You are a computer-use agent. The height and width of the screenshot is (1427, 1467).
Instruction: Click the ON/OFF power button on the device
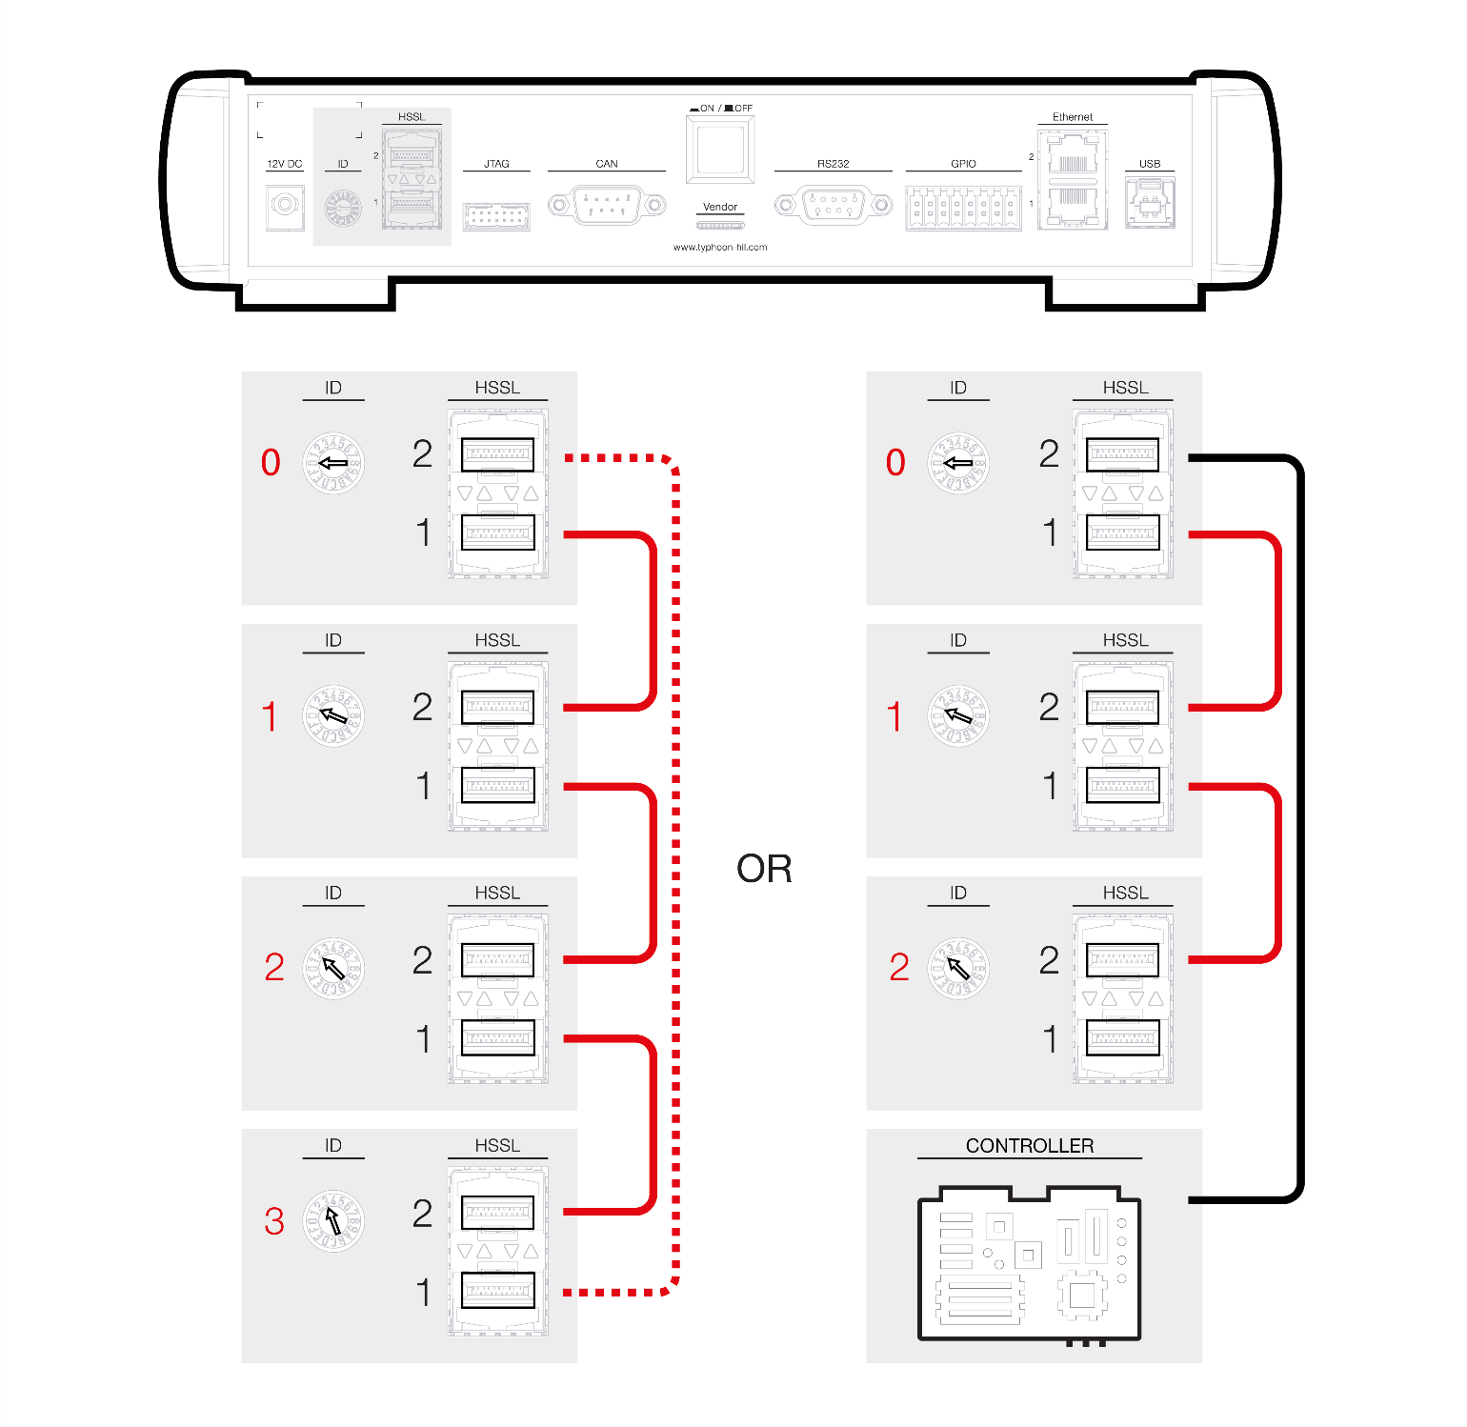(x=720, y=149)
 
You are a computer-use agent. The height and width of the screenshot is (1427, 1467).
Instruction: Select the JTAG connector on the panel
(x=496, y=216)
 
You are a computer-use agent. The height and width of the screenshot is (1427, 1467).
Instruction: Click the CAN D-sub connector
(x=607, y=205)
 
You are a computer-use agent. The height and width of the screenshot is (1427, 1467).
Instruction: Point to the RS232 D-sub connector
(x=834, y=205)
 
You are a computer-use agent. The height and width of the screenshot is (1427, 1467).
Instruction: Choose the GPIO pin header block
(x=963, y=207)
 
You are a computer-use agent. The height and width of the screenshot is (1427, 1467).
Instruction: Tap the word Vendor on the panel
(x=720, y=207)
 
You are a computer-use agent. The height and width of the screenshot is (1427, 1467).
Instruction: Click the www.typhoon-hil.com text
(x=720, y=248)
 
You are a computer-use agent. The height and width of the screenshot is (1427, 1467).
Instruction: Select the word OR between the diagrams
(x=764, y=869)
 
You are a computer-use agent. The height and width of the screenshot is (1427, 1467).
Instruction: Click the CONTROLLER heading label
(x=1030, y=1146)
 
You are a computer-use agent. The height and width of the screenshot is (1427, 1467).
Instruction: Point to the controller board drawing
(x=1029, y=1264)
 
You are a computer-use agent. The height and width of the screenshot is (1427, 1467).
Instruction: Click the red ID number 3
(x=274, y=1221)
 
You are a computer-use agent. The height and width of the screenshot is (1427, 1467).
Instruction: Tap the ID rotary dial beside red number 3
(x=333, y=1220)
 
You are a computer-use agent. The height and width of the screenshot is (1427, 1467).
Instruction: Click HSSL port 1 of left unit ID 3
(x=497, y=1291)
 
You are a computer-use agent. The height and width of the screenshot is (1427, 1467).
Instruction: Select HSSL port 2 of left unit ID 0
(x=497, y=454)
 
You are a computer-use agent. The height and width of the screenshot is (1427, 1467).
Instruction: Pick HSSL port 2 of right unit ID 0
(x=1123, y=454)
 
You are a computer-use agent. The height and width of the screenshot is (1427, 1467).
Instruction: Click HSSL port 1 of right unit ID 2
(x=1123, y=1037)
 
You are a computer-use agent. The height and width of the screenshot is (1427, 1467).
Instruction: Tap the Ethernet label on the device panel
(x=1073, y=117)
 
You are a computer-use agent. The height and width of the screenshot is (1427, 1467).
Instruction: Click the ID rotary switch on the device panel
(x=343, y=207)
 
